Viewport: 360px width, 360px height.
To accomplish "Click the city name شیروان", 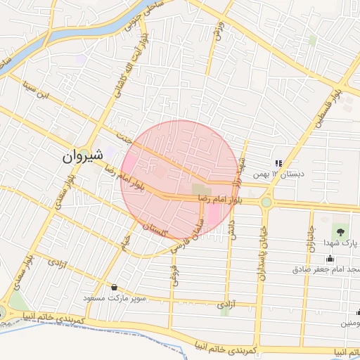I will click(83, 155).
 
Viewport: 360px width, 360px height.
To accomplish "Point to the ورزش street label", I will click(219, 30).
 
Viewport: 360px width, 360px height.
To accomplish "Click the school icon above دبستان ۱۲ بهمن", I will click(277, 163).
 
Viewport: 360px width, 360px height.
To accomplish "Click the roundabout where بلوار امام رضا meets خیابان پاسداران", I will click(266, 202).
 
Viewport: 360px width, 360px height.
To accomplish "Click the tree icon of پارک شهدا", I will click(341, 231).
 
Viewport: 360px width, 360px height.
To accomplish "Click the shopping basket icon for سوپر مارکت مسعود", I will click(114, 288).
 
